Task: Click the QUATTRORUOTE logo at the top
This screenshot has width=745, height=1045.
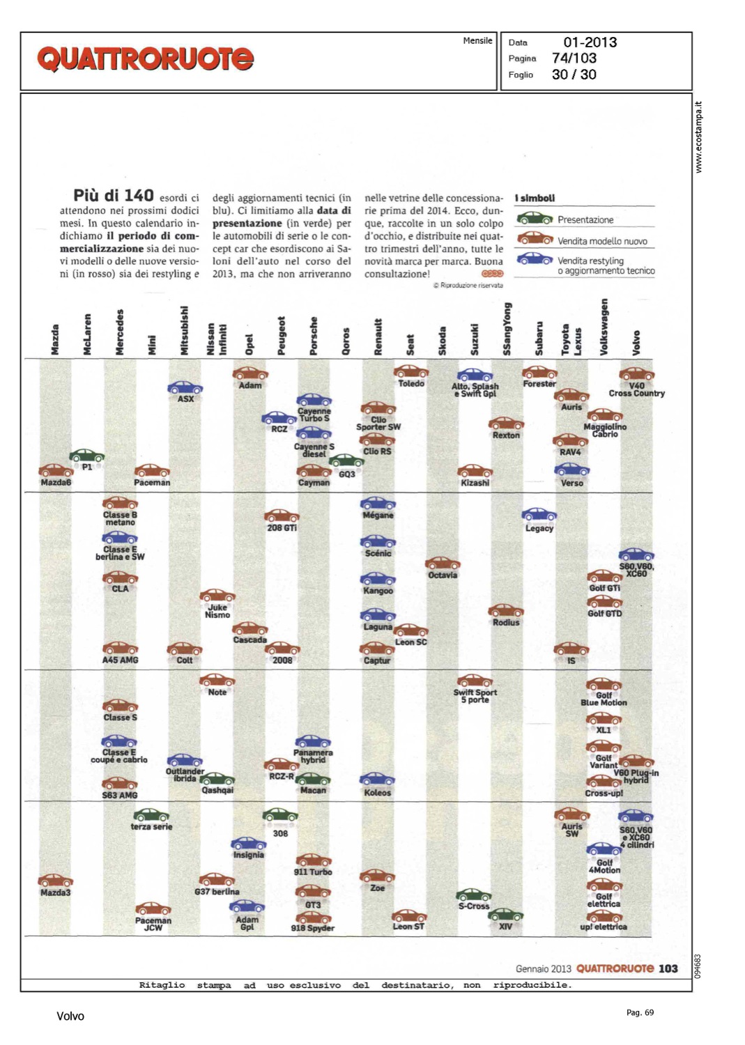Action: pyautogui.click(x=145, y=59)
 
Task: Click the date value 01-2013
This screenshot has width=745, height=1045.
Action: pyautogui.click(x=590, y=42)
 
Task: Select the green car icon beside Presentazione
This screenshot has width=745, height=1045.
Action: pyautogui.click(x=535, y=219)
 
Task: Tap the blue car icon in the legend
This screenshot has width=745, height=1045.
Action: pyautogui.click(x=535, y=258)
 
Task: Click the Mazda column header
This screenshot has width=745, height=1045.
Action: pyautogui.click(x=55, y=339)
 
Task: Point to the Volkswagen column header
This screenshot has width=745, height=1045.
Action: pyautogui.click(x=604, y=327)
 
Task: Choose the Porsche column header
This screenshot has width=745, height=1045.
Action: pyautogui.click(x=314, y=336)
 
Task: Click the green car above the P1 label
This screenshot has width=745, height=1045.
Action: pyautogui.click(x=87, y=456)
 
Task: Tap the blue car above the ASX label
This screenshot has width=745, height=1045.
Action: pyautogui.click(x=185, y=387)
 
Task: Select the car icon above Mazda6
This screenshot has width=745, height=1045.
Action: pyautogui.click(x=56, y=471)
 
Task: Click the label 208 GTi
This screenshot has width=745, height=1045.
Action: pyautogui.click(x=282, y=528)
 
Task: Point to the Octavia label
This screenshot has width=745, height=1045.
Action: pyautogui.click(x=443, y=575)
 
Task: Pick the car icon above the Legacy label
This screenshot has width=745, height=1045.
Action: pyautogui.click(x=539, y=515)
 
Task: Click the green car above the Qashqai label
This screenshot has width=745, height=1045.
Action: pyautogui.click(x=217, y=779)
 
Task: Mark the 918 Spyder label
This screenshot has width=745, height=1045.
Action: pyautogui.click(x=313, y=928)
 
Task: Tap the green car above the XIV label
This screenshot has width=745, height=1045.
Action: pyautogui.click(x=506, y=914)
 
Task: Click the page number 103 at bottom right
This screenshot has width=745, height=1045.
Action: pyautogui.click(x=668, y=968)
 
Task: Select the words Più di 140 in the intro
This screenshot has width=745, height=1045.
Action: pyautogui.click(x=114, y=196)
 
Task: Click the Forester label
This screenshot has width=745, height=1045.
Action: pyautogui.click(x=539, y=384)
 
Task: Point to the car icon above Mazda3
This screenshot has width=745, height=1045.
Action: pyautogui.click(x=56, y=881)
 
